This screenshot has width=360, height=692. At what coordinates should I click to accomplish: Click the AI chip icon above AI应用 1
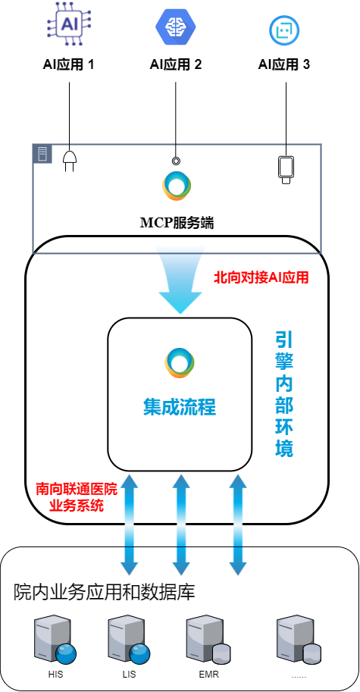(x=69, y=23)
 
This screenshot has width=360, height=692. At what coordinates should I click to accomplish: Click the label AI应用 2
(x=176, y=65)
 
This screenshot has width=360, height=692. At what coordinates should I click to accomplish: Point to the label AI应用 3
(x=284, y=65)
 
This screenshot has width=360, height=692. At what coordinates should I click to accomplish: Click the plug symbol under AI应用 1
(x=69, y=161)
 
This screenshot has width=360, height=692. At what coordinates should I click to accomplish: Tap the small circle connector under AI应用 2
(x=176, y=161)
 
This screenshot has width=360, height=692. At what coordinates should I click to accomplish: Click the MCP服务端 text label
(x=177, y=223)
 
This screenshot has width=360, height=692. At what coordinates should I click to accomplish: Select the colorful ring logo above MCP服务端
(x=177, y=186)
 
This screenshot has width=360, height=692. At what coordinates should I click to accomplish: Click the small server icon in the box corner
(x=42, y=154)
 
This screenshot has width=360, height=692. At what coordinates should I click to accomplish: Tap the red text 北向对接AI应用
(x=261, y=277)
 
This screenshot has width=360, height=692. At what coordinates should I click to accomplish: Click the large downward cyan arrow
(x=180, y=280)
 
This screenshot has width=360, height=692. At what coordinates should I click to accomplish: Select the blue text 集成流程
(x=180, y=407)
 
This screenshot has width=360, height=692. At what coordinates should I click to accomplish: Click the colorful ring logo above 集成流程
(x=180, y=363)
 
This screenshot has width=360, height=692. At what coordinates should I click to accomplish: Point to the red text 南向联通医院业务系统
(x=77, y=497)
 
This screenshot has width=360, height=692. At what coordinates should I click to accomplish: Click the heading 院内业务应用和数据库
(x=104, y=592)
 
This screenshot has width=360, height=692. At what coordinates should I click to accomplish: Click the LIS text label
(x=130, y=675)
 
